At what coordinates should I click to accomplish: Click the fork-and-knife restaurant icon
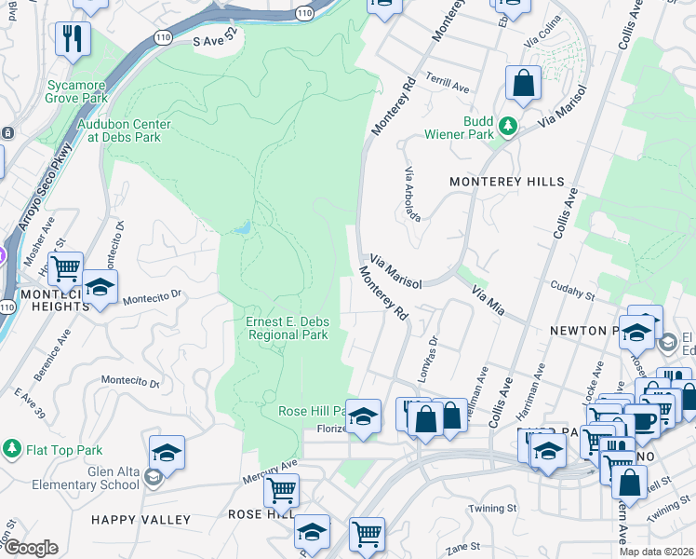pos(71,39)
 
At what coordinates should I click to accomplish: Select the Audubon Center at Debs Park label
pos(124,130)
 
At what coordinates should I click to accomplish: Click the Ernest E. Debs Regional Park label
pos(287,328)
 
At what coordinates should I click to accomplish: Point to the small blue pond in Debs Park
pos(243,227)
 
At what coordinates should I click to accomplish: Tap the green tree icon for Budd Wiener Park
pos(508,125)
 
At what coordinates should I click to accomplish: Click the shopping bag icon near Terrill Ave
pos(524,83)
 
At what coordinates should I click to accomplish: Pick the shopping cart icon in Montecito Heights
pos(65,269)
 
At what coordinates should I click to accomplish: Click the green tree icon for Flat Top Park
pos(12,449)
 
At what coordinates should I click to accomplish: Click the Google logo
pos(30,548)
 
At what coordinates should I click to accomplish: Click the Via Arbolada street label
pos(412,195)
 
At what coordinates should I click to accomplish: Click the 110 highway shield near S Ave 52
pos(304,14)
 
